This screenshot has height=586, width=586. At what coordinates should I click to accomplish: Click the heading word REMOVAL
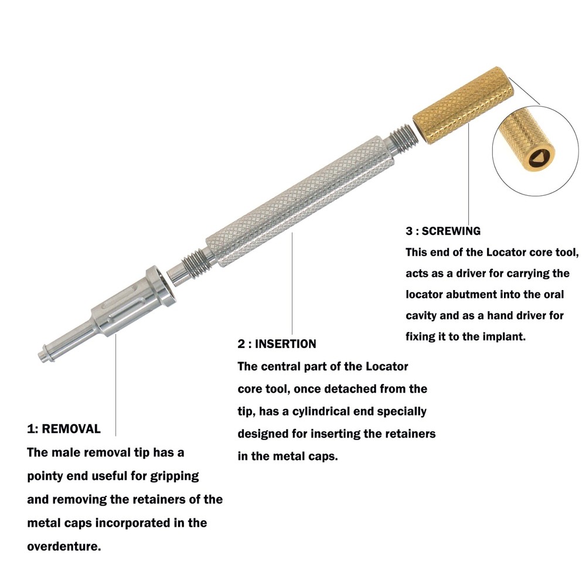point(71,429)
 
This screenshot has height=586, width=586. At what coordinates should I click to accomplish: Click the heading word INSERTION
point(285,344)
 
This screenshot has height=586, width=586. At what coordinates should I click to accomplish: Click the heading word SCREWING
point(451,231)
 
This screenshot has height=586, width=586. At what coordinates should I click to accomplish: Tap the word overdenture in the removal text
point(64,546)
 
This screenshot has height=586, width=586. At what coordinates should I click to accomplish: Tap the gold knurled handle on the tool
point(464,105)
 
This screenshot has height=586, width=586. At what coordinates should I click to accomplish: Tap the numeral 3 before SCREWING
point(409,231)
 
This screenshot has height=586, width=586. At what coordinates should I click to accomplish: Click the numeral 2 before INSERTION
point(241,344)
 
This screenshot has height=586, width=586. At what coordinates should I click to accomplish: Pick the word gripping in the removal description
point(175,476)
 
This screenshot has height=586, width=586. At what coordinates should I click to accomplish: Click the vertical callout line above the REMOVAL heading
point(115,385)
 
